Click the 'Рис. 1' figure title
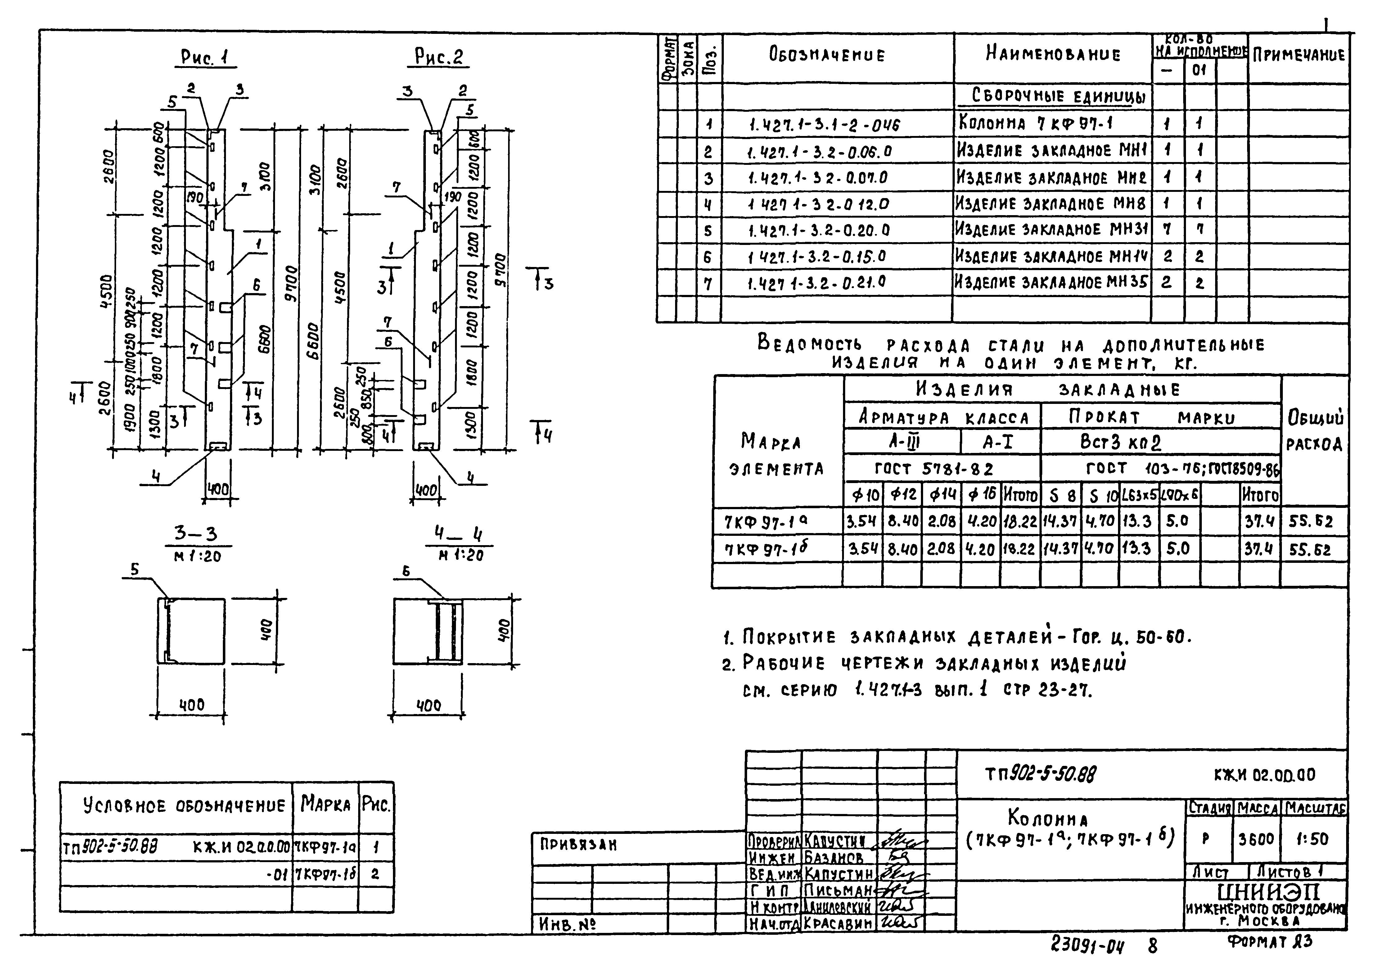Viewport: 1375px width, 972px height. (x=207, y=57)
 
